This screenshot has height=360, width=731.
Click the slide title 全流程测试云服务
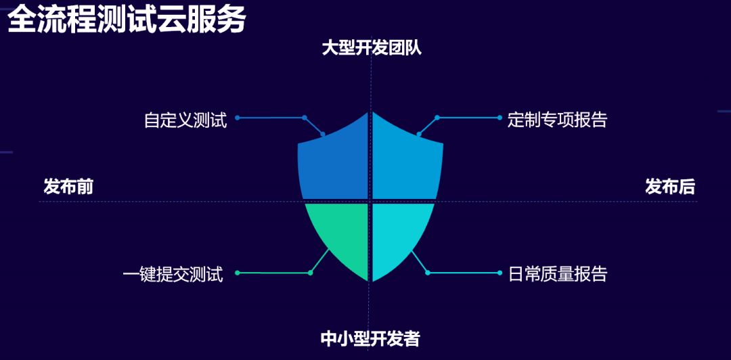127,20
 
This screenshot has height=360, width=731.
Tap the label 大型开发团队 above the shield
372,48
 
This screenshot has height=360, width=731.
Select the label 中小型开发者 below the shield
370,338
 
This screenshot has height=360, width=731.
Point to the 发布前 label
68,187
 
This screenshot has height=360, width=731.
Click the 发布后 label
670,187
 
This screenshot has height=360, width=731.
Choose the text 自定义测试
185,120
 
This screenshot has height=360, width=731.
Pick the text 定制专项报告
558,120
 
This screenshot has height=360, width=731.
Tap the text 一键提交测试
173,275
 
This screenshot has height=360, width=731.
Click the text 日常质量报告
558,274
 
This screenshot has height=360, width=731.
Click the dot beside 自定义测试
238,118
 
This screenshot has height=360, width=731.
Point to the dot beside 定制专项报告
500,118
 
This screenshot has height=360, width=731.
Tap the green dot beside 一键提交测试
238,273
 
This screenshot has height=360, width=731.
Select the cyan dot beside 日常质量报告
500,273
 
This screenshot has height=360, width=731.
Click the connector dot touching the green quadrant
311,273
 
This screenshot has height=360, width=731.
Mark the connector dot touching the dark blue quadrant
323,134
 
